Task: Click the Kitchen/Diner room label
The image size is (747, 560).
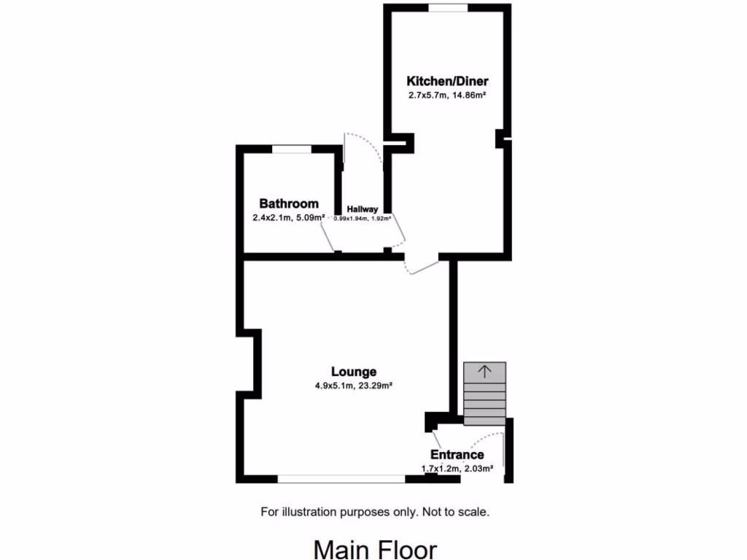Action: point(447,81)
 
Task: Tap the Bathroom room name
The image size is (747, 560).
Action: point(289,203)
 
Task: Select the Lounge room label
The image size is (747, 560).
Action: point(352,372)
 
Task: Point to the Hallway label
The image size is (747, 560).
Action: point(362,209)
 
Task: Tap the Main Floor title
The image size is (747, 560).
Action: point(375,548)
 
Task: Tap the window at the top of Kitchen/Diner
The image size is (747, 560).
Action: point(448,8)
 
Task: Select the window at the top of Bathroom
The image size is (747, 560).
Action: point(292,149)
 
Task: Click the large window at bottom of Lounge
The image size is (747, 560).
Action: point(341,479)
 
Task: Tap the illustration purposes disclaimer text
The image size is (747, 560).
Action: point(375,512)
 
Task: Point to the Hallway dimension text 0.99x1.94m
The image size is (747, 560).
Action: point(362,218)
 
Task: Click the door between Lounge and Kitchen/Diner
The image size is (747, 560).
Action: point(422,266)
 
